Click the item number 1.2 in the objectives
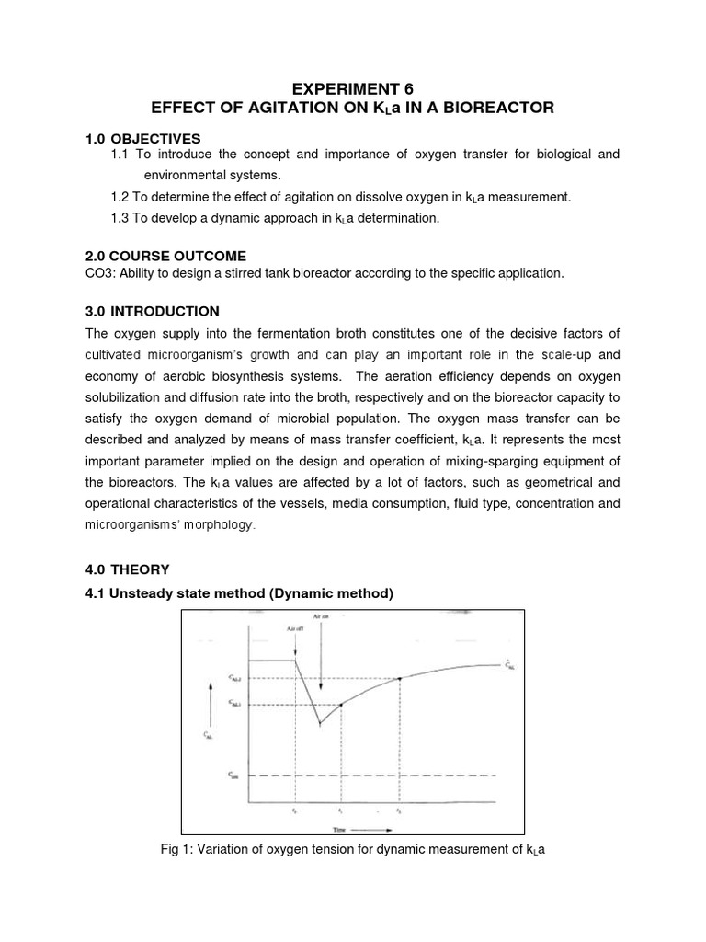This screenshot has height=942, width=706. [x=120, y=196]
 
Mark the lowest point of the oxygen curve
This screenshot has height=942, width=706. [x=320, y=724]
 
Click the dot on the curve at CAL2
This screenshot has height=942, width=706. [x=399, y=679]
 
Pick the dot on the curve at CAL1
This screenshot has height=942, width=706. [x=341, y=705]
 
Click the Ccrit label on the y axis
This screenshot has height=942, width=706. [x=233, y=775]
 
